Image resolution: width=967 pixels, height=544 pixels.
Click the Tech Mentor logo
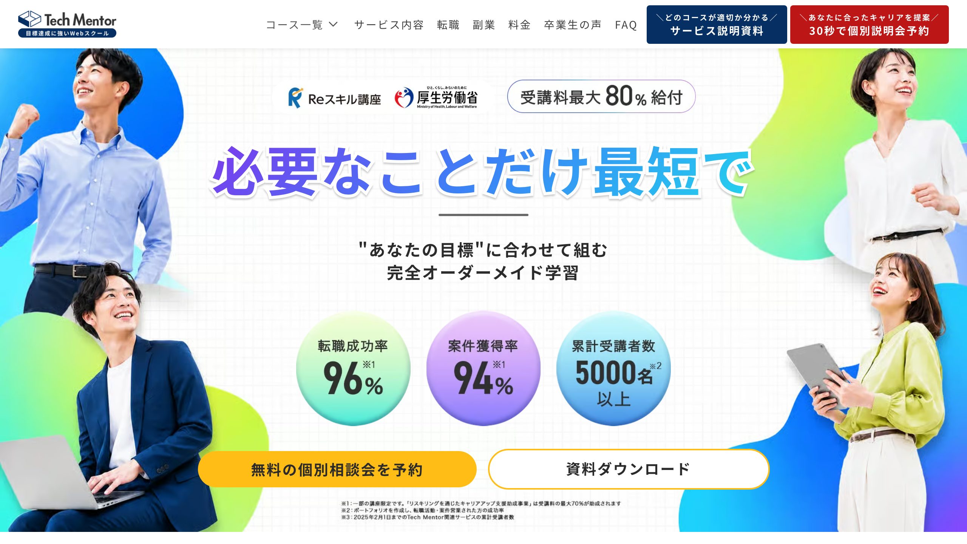point(67,24)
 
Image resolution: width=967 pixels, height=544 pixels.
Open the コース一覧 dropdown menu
point(302,25)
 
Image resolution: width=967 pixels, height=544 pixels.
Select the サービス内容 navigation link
point(389,25)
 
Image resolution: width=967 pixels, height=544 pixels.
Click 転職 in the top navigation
point(448,25)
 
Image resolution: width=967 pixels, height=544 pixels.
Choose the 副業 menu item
point(484,25)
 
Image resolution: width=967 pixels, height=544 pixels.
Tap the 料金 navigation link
point(519,25)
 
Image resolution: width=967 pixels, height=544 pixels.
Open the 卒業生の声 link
point(573,25)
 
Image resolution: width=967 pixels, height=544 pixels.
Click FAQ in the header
point(626,25)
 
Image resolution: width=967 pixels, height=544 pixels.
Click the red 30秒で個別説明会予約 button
point(869,25)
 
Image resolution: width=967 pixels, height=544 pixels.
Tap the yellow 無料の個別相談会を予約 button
point(337,469)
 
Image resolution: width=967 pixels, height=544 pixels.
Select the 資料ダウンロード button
point(629,469)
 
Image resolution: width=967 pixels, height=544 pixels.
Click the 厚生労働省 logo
point(436,97)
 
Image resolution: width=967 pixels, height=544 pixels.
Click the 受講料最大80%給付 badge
point(601,96)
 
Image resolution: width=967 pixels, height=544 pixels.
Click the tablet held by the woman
point(816,374)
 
